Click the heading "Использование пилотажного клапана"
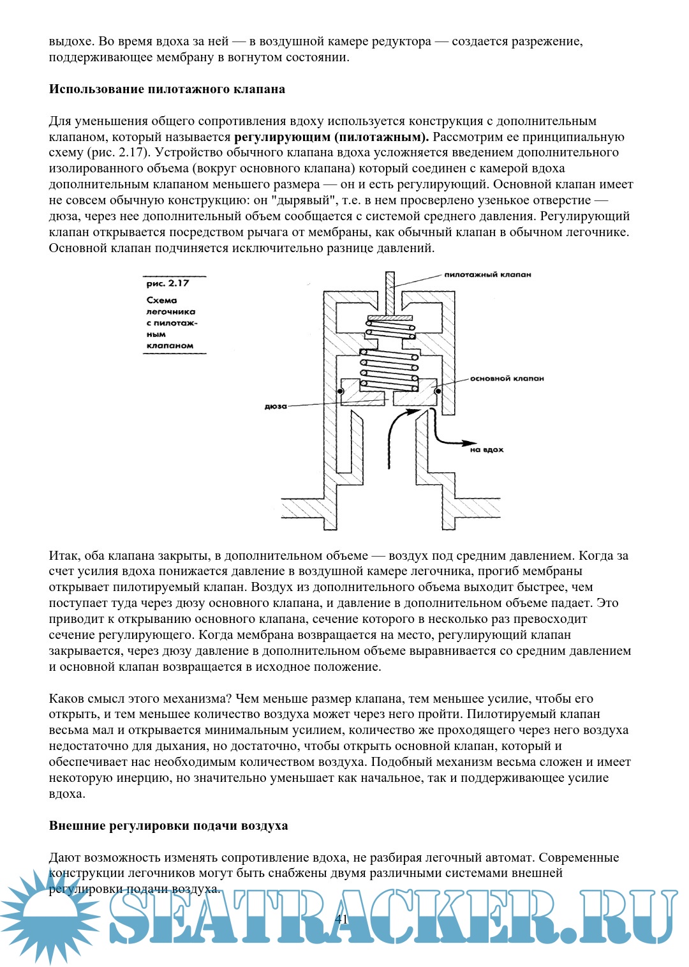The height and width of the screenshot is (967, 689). (167, 89)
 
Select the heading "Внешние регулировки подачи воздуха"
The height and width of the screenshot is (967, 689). (168, 826)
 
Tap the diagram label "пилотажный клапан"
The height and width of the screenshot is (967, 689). (487, 274)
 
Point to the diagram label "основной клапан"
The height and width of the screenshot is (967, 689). (507, 379)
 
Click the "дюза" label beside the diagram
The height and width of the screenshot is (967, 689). (276, 407)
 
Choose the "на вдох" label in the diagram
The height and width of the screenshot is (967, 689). (487, 450)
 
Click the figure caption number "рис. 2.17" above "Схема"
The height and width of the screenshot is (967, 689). (168, 283)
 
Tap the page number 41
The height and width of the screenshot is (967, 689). (341, 919)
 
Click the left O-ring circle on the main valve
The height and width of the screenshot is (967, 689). (341, 391)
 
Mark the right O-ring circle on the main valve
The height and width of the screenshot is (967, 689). (438, 391)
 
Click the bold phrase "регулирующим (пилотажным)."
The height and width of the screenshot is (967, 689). (332, 137)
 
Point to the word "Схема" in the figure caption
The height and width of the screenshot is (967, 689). (162, 300)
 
